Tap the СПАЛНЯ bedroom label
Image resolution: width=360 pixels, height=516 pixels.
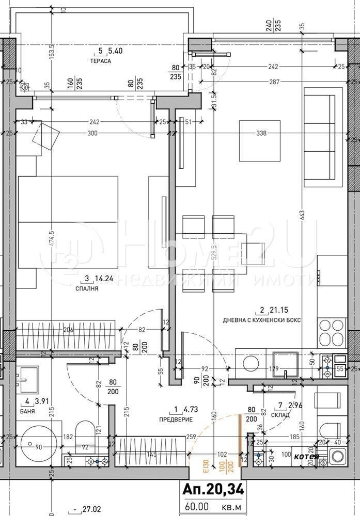click(88, 289)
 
